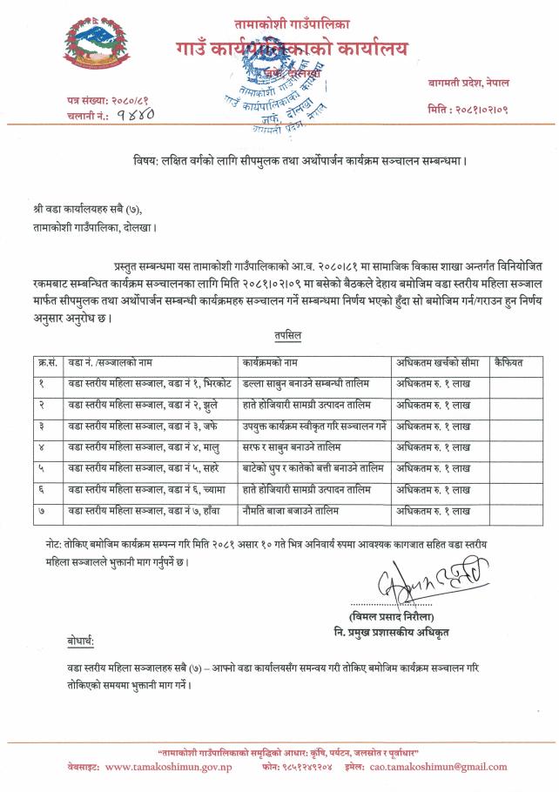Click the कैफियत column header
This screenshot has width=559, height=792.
tap(508, 360)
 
